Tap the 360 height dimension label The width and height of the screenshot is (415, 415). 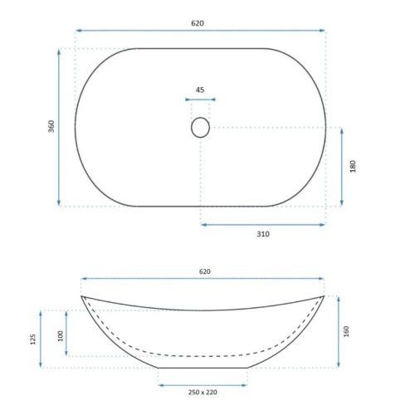51,127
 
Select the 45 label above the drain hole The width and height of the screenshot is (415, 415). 200,90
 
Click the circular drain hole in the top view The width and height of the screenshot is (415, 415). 200,127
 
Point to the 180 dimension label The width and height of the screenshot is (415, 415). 353,166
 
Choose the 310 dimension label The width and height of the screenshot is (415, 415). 262,234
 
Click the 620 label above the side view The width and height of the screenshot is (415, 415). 204,271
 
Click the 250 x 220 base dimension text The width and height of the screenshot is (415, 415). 203,393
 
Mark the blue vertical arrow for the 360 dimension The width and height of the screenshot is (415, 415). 59,127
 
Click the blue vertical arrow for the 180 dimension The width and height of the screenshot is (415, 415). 342,166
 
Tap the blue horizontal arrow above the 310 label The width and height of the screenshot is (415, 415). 262,223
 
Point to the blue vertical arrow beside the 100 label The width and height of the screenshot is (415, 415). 68,333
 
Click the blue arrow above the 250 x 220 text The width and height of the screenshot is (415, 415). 203,384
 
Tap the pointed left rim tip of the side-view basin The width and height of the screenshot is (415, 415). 81,296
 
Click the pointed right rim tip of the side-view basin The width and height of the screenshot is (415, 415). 324,295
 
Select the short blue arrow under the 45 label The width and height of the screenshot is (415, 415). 200,101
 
